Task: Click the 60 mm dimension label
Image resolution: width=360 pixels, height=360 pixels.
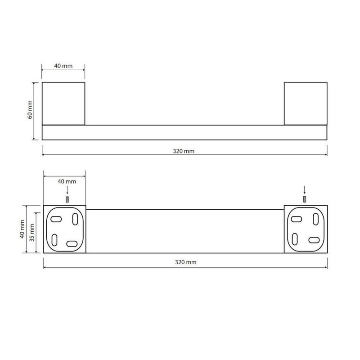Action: point(30,109)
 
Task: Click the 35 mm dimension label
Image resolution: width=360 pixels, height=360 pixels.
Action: point(32,233)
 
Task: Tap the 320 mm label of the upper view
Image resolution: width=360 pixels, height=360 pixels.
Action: point(184,151)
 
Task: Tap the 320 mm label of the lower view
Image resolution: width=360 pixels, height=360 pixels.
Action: point(185,262)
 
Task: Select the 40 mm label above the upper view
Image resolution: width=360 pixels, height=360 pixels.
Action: point(63,66)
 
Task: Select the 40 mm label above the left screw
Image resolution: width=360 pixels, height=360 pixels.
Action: point(67,181)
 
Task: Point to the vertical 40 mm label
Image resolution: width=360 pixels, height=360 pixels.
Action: point(22,229)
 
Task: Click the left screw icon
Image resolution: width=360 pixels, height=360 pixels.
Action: point(67,200)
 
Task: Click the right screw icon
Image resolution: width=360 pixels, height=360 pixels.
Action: point(305,199)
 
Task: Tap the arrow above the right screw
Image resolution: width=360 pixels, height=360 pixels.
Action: point(305,190)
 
